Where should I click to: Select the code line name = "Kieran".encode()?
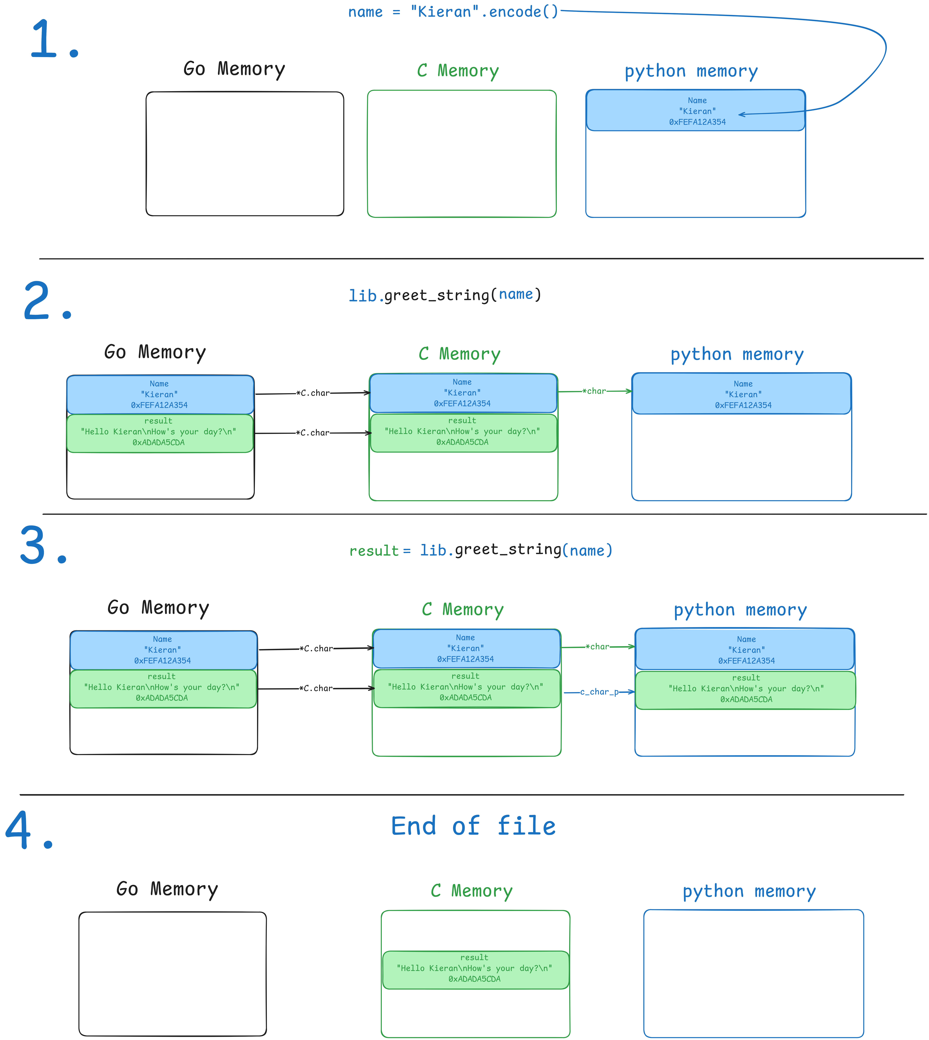(x=453, y=12)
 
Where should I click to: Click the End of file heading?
(x=473, y=826)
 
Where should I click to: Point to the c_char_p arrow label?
(x=599, y=692)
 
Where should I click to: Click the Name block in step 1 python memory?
(x=696, y=110)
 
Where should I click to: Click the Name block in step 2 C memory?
(x=463, y=393)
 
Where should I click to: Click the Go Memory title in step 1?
(x=234, y=69)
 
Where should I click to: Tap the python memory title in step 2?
(x=737, y=354)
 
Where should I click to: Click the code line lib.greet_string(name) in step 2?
(x=445, y=295)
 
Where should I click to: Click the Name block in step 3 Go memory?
(x=163, y=650)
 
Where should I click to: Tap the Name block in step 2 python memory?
(x=742, y=393)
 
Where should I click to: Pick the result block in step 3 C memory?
(x=467, y=688)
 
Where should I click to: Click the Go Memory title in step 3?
(x=158, y=608)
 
